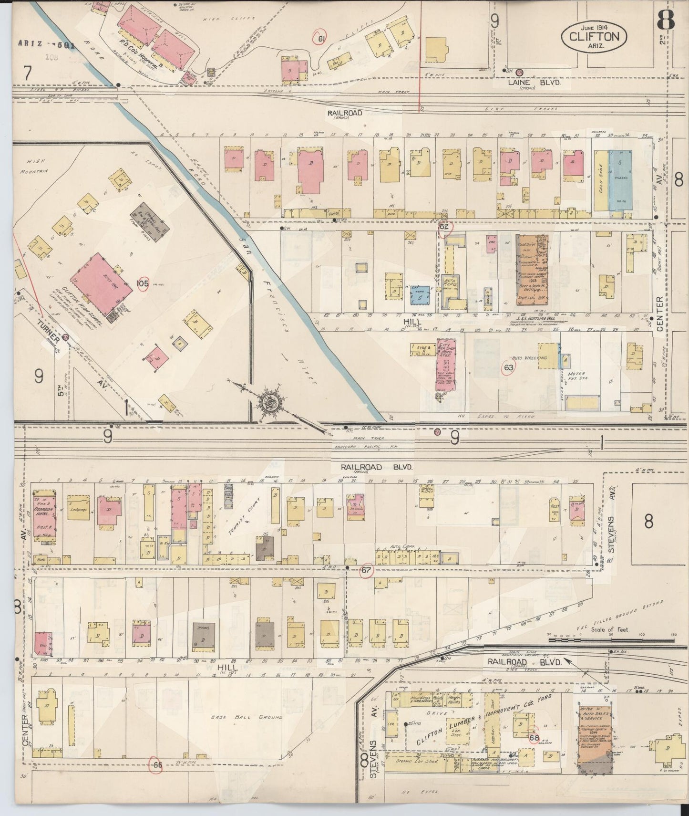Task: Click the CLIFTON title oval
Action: click(x=594, y=36)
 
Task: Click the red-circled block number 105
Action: click(x=143, y=284)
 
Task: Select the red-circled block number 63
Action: click(x=509, y=367)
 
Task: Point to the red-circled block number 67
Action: click(x=366, y=570)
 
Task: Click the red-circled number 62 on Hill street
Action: click(x=444, y=227)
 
